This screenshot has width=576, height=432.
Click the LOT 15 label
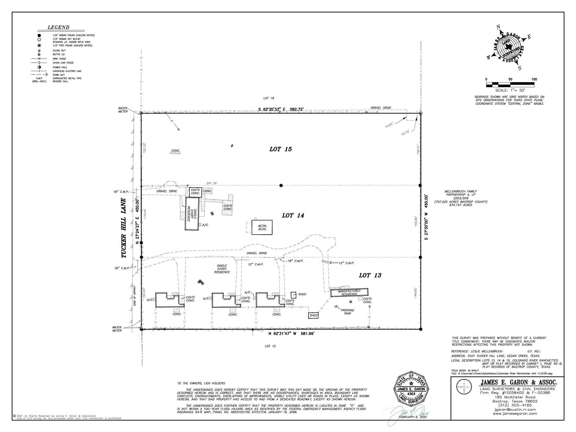pos(280,149)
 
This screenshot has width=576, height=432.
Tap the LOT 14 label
pos(293,216)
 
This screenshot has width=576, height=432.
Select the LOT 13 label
pos(370,275)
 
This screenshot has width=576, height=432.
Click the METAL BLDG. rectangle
pos(262,228)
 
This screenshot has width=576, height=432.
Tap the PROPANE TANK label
pos(348,312)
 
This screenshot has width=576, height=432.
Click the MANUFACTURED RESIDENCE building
pos(349,292)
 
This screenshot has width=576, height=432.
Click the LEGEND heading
pos(58,28)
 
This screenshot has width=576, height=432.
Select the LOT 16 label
pos(269,98)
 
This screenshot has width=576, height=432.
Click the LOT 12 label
pos(270,346)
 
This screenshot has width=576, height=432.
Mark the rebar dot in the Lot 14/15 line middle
pos(281,185)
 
